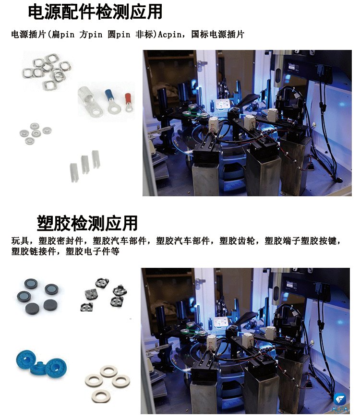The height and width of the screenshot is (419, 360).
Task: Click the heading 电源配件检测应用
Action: (x=95, y=12)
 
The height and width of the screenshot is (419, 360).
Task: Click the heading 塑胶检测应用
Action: (x=87, y=223)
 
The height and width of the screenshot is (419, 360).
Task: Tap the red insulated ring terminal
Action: (x=128, y=102)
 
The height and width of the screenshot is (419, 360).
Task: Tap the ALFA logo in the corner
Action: (x=340, y=403)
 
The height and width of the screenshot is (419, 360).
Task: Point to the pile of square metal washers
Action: (x=47, y=72)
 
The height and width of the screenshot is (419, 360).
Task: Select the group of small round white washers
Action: (x=35, y=133)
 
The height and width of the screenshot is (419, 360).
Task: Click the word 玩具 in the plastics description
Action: (x=20, y=241)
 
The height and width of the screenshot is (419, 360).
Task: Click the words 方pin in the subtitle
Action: (x=91, y=35)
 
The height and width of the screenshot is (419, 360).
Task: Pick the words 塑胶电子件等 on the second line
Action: (x=93, y=251)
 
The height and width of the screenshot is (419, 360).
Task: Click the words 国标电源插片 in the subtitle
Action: (x=218, y=35)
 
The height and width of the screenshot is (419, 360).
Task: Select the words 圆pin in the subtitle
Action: (x=119, y=35)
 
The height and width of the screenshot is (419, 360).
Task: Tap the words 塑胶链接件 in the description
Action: (x=34, y=251)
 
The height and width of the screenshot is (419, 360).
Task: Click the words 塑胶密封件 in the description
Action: (x=60, y=241)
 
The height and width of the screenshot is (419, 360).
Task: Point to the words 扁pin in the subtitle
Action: (x=63, y=35)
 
